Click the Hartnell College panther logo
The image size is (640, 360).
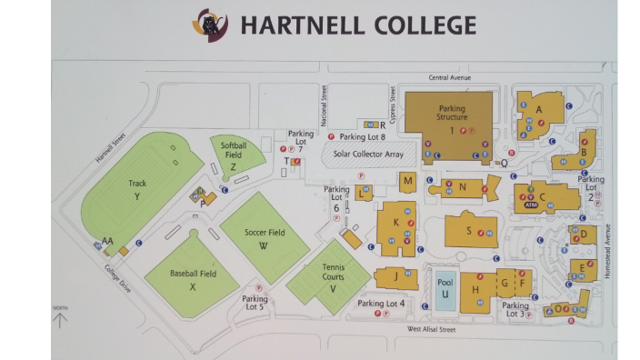(x=210, y=25)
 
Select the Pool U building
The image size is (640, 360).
(x=445, y=288)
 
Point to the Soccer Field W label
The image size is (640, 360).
(x=265, y=238)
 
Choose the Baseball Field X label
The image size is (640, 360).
(x=193, y=279)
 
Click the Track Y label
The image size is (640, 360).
(x=137, y=189)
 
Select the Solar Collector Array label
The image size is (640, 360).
(x=368, y=155)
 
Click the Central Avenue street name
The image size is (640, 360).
(x=450, y=78)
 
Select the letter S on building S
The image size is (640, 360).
(x=469, y=230)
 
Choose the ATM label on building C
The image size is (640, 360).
(x=531, y=205)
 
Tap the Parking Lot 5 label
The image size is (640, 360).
(x=255, y=303)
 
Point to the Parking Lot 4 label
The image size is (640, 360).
(x=381, y=303)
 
